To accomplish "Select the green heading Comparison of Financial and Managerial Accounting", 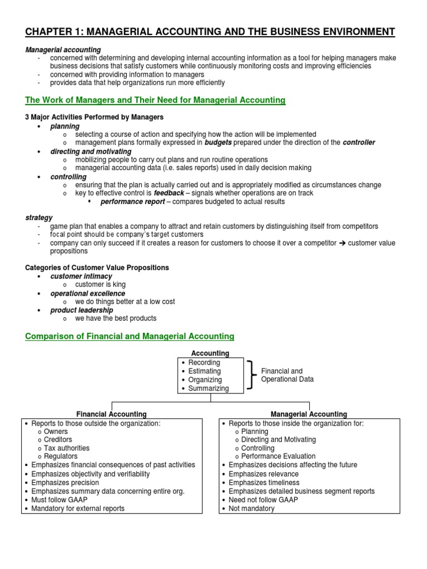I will point(130,336).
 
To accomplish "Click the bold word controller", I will point(359,142).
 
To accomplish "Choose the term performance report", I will point(132,202).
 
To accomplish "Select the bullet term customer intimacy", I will point(81,276).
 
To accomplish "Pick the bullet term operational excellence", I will point(88,293).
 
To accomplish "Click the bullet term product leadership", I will point(82,310).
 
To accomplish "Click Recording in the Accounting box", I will point(204,362).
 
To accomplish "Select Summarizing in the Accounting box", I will point(208,388).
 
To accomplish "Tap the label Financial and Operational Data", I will point(287,375).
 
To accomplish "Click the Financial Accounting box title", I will point(111,414).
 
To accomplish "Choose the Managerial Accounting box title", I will point(309,414).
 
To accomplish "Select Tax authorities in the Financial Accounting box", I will point(67,448).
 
